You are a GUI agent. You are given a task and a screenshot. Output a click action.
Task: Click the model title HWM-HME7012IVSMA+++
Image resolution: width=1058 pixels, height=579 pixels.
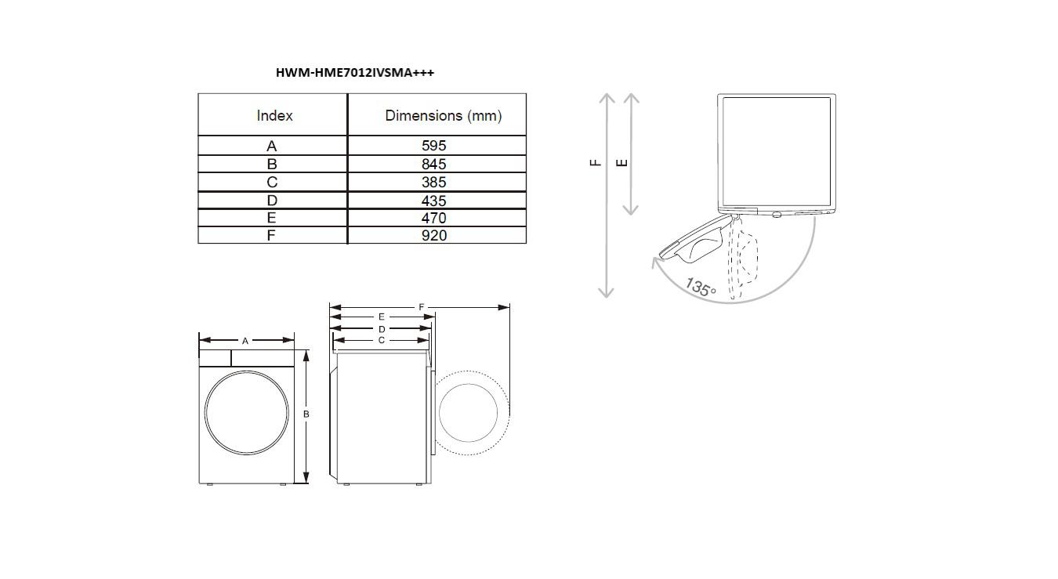click(355, 73)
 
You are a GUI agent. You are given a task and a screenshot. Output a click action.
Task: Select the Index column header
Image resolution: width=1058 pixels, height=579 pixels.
click(274, 116)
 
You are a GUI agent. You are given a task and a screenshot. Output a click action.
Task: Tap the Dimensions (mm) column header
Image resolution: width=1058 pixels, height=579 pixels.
click(443, 116)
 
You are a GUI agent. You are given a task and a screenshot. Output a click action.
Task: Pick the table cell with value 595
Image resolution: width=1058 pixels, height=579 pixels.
click(433, 146)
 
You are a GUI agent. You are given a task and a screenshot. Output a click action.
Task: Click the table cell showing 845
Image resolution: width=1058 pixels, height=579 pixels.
click(433, 164)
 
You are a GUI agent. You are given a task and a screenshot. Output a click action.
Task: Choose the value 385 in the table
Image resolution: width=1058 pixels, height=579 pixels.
click(433, 182)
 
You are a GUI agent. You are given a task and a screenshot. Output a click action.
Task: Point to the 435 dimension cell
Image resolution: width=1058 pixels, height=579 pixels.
click(433, 201)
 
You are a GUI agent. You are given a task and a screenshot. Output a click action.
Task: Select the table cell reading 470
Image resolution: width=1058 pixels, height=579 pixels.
click(433, 218)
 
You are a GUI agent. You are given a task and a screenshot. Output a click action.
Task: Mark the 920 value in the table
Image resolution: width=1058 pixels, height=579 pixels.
click(433, 235)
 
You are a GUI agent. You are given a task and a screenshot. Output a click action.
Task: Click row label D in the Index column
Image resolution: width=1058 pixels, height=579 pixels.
click(272, 201)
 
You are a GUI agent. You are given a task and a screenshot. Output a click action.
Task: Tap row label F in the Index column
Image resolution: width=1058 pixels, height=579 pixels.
click(270, 235)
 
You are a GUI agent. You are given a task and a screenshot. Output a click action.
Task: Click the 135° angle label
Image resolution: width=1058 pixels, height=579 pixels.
click(701, 287)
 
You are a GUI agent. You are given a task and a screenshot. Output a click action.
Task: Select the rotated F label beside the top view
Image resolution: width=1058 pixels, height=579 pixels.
click(596, 163)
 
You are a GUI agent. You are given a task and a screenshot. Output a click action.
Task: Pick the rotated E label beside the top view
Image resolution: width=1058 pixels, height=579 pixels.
click(622, 163)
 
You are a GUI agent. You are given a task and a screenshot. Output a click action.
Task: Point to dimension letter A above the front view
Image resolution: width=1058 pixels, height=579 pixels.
click(245, 341)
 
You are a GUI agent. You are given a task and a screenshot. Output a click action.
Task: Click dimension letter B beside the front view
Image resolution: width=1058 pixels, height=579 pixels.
click(306, 414)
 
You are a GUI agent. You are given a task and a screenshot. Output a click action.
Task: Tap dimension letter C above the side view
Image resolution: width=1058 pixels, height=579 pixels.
click(382, 340)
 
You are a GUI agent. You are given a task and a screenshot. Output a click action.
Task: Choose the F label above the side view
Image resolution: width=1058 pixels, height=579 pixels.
click(422, 307)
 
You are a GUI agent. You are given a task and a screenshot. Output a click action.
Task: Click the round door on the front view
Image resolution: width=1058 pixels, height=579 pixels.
click(247, 413)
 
